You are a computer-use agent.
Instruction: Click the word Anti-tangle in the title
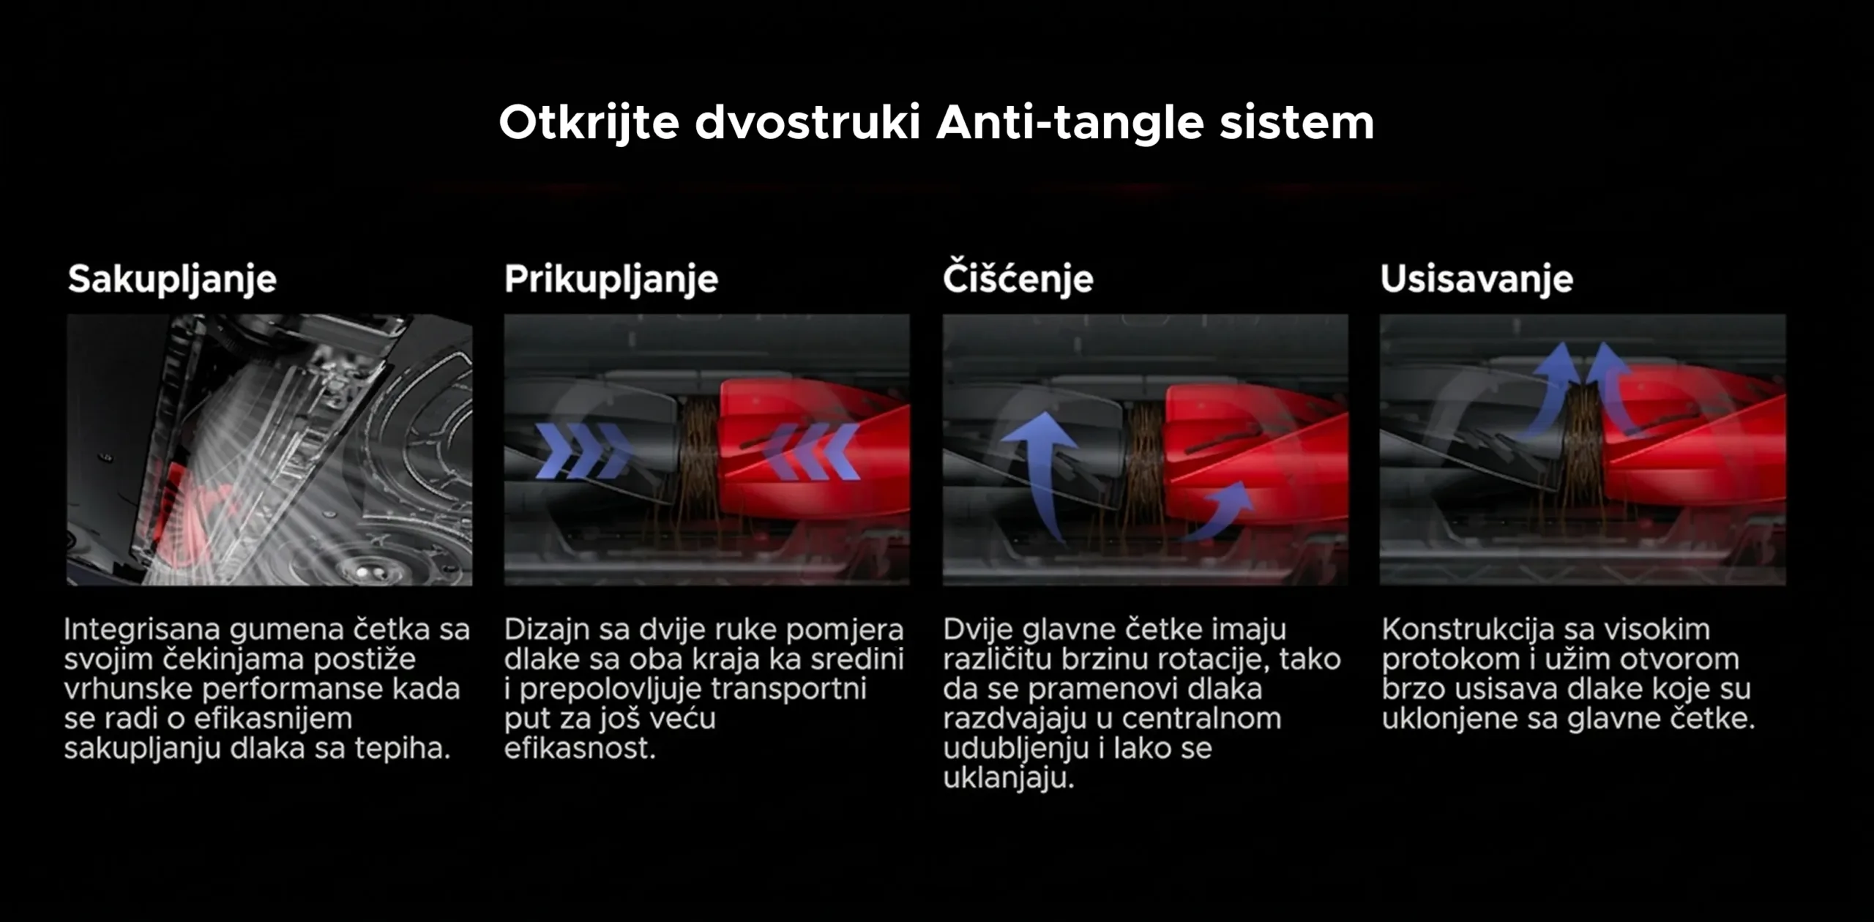click(1069, 123)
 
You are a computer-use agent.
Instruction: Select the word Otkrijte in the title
click(589, 123)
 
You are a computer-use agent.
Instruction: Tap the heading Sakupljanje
click(172, 280)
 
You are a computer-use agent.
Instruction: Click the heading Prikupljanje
click(611, 280)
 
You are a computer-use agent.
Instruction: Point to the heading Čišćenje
click(1018, 277)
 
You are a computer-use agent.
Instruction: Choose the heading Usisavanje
click(1477, 279)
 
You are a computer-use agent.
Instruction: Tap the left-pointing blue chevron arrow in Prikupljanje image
click(812, 451)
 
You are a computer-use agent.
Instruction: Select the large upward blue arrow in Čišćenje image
click(1039, 476)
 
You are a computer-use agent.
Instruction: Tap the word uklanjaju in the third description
click(1008, 779)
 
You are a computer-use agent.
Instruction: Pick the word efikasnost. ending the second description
click(580, 749)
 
